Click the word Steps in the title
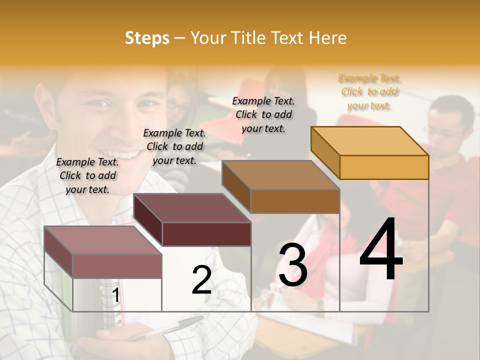tap(147, 38)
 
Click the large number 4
tap(381, 250)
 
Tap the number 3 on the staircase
tap(292, 264)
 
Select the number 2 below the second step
tap(201, 280)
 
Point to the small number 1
tap(116, 295)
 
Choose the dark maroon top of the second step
tap(192, 207)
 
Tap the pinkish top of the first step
tap(103, 240)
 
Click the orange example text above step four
tap(369, 92)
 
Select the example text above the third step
tap(263, 114)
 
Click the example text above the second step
tap(174, 146)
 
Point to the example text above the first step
tap(87, 175)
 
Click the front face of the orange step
tap(384, 167)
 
